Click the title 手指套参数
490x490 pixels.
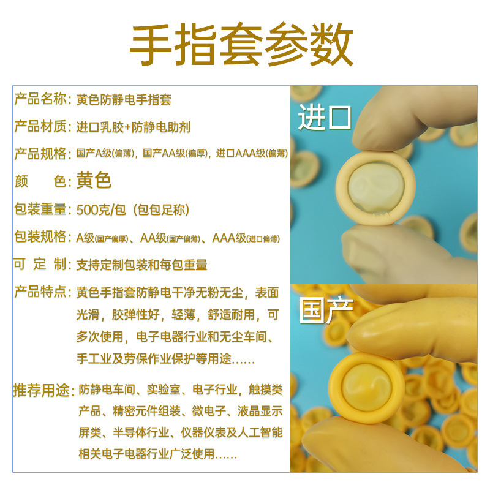[241, 47]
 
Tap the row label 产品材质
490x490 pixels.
[40, 127]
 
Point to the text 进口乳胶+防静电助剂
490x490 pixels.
[134, 127]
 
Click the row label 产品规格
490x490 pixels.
[40, 154]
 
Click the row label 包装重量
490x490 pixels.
[40, 209]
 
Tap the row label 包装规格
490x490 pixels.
[40, 237]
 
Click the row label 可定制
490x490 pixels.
[40, 265]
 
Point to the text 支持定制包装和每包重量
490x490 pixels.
[141, 265]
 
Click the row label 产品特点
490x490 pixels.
[40, 292]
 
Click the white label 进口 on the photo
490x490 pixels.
[324, 118]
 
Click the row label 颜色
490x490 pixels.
[40, 181]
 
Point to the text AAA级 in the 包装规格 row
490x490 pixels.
[229, 237]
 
